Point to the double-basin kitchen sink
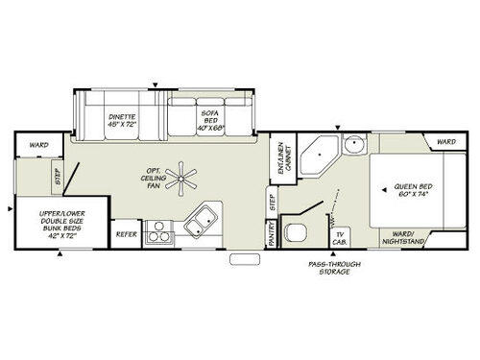coord(199,223)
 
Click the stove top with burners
coord(160,231)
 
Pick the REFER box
coord(126,234)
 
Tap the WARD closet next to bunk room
coord(38,147)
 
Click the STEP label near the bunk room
coord(58,177)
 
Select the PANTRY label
coord(272,235)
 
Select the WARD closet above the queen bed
coord(445,142)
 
